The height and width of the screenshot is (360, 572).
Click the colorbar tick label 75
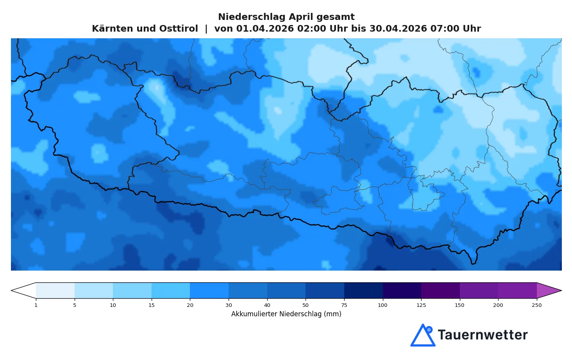tap(344, 305)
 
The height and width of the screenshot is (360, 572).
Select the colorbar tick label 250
tap(537, 305)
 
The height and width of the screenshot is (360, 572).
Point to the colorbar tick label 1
tap(36, 305)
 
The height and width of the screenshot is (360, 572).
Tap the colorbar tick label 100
tap(383, 305)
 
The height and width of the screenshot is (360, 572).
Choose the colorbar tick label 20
tap(190, 305)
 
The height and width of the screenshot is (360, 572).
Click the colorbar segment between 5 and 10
tap(94, 290)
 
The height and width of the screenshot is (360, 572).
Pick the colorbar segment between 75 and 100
tap(363, 290)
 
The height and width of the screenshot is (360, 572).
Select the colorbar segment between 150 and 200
tap(479, 290)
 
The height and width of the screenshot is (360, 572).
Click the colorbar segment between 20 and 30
tap(209, 290)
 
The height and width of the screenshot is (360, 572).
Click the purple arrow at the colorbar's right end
tap(549, 290)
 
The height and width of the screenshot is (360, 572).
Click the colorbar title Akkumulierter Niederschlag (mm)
tap(286, 314)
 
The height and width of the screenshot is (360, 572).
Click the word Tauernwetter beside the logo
tap(483, 335)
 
